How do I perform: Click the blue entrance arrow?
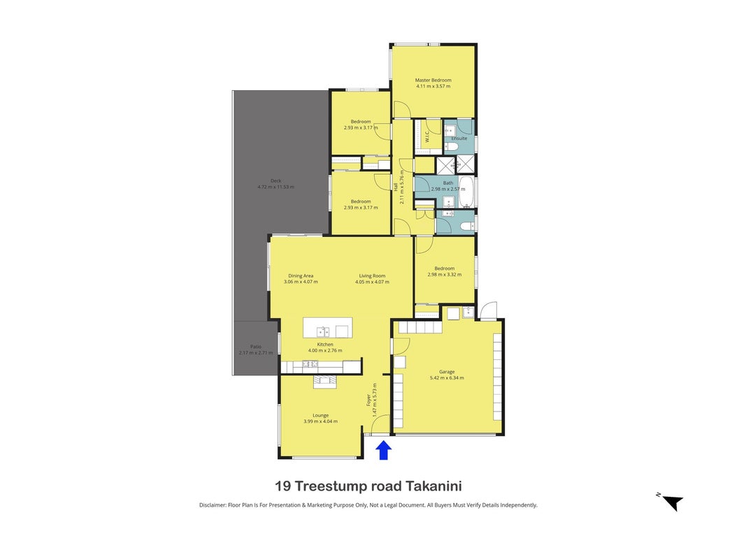383,450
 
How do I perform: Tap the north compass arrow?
673,502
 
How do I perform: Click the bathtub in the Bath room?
466,192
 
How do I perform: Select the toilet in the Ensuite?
451,145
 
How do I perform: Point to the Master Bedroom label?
433,80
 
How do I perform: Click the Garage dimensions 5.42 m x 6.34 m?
447,378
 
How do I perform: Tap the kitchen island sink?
323,331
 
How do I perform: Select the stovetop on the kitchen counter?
310,365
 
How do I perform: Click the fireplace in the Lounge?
324,382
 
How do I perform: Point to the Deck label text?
276,181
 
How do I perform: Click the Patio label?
256,347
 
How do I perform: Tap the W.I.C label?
426,136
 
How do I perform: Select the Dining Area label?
301,276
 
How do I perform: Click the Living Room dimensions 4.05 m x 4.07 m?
372,282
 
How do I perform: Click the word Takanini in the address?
433,486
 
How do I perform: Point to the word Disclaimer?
212,505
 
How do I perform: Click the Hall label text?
395,187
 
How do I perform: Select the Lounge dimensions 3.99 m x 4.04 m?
321,421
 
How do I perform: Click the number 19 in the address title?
282,486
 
